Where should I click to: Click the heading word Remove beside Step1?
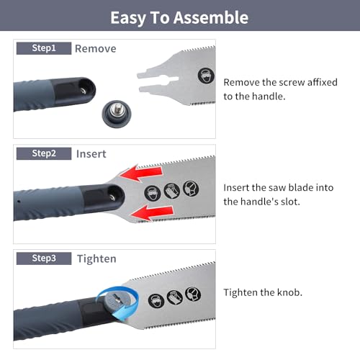coord(95,49)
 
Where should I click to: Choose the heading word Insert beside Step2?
coord(91,153)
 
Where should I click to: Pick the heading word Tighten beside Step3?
coord(96,258)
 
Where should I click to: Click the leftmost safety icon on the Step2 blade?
coord(152,194)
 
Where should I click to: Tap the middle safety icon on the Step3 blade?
coord(173,296)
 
